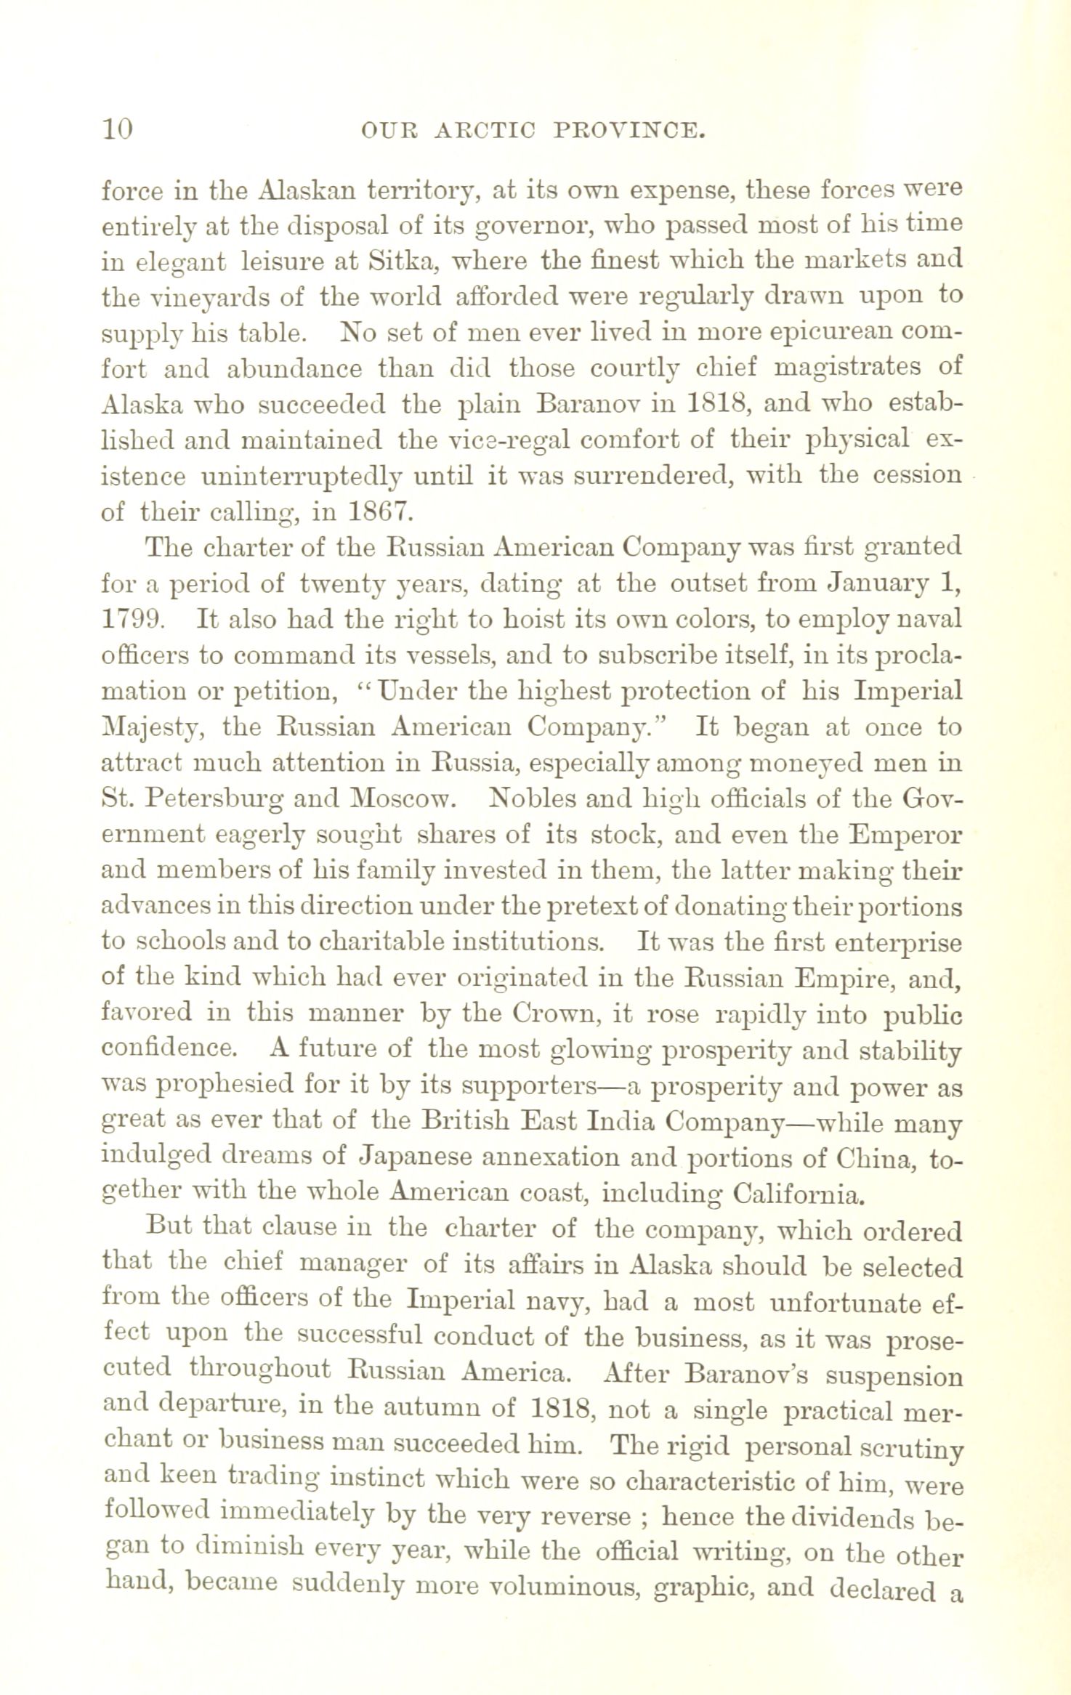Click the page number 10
tap(117, 129)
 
